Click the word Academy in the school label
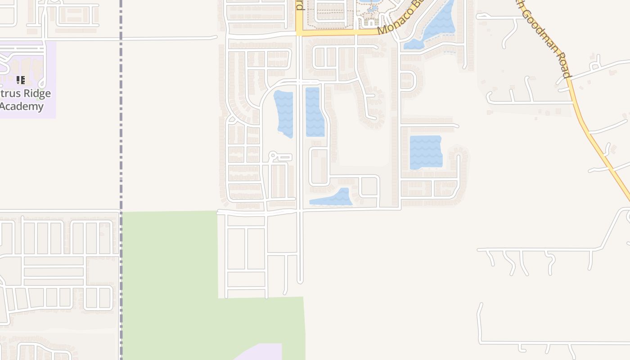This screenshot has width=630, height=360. [22, 107]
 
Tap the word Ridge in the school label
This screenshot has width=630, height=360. [38, 94]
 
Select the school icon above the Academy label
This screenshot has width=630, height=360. [20, 80]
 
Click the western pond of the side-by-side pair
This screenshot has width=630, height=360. [284, 113]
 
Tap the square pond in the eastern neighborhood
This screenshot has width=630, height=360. [425, 152]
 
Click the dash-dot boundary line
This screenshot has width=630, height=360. [121, 135]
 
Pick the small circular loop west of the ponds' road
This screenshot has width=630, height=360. [272, 156]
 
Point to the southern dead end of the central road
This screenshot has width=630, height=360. [300, 281]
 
